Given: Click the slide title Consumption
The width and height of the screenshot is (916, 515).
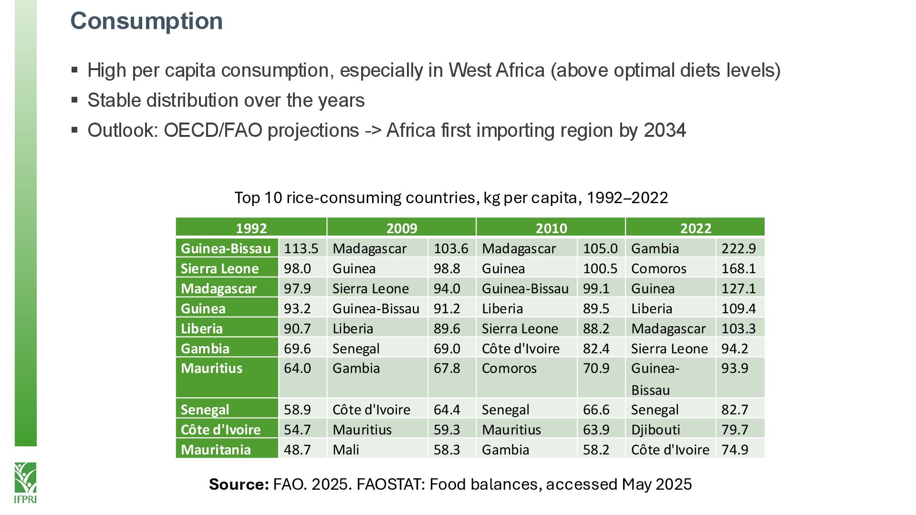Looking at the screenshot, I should pos(146,21).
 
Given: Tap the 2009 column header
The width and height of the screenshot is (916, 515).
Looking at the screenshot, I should pos(401,228).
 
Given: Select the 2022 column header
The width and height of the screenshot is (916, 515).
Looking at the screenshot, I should pos(695,228).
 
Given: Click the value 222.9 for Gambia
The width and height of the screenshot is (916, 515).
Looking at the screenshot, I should pos(739,248).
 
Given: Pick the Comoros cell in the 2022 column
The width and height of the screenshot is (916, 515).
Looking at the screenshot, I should pos(658,268).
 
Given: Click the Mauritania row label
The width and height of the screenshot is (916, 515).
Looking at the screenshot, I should pos(216,450).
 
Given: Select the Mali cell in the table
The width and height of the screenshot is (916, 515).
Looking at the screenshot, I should pos(346,450).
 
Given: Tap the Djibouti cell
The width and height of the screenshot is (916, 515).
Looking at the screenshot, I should pos(656,430).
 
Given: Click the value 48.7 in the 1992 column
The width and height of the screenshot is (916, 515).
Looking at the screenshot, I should pos(297,450).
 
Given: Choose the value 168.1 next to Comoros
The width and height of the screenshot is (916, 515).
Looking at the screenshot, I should pos(739,268).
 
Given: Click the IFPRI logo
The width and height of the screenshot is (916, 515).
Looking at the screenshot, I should pos(25,482).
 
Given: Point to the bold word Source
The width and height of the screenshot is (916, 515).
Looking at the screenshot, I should pos(239,484).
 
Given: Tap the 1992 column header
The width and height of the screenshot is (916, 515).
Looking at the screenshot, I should pos(251,228).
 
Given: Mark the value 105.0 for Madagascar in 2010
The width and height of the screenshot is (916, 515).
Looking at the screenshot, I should pos(600,248).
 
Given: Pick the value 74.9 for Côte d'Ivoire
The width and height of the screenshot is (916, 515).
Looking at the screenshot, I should pos(735,450).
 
